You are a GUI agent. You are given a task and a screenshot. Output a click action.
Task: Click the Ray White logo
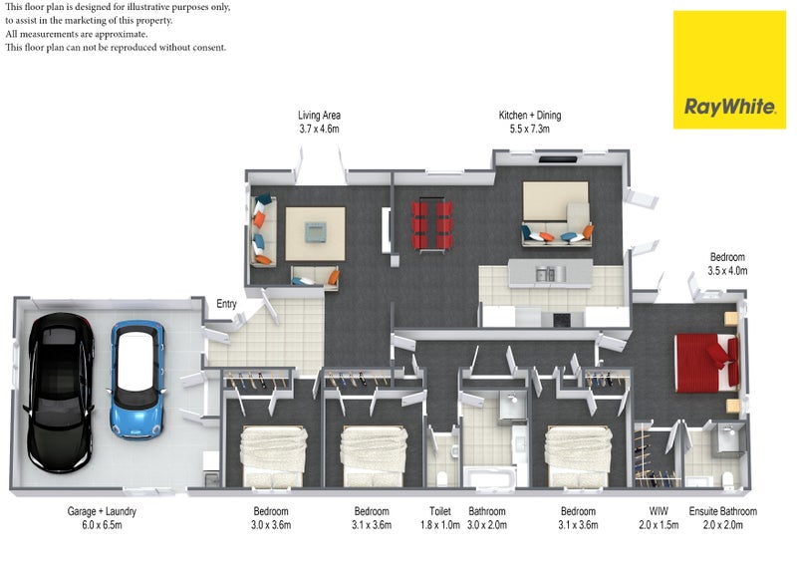pyautogui.click(x=729, y=70)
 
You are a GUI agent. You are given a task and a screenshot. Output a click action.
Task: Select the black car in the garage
pyautogui.click(x=60, y=393)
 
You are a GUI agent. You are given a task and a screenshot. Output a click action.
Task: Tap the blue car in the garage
pyautogui.click(x=136, y=380)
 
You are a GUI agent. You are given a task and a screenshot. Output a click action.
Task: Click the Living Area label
pyautogui.click(x=319, y=116)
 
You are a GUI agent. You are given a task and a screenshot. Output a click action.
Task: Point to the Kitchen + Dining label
pyautogui.click(x=530, y=116)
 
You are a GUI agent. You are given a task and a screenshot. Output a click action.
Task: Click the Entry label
pyautogui.click(x=226, y=304)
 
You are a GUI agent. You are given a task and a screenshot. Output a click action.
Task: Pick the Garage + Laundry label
pyautogui.click(x=102, y=511)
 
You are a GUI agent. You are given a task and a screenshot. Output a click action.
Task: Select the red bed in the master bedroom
pyautogui.click(x=706, y=363)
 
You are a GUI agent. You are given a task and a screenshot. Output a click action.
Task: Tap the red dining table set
pyautogui.click(x=432, y=225)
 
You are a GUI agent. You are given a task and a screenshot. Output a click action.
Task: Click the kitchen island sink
pyautogui.click(x=544, y=275)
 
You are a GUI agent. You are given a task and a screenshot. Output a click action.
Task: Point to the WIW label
pyautogui.click(x=659, y=511)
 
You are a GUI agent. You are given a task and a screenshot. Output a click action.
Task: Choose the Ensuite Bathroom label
pyautogui.click(x=723, y=511)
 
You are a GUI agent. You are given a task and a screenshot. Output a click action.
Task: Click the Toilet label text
pyautogui.click(x=440, y=511)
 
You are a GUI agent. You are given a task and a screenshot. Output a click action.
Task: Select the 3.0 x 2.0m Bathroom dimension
pyautogui.click(x=487, y=525)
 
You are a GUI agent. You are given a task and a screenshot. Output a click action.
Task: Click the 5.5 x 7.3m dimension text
pyautogui.click(x=530, y=130)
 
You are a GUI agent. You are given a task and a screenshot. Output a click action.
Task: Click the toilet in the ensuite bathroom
pyautogui.click(x=728, y=478)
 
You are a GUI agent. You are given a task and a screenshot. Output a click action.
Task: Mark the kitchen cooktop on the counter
pyautogui.click(x=561, y=320)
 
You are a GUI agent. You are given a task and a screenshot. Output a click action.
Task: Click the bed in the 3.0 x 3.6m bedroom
pyautogui.click(x=273, y=456)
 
